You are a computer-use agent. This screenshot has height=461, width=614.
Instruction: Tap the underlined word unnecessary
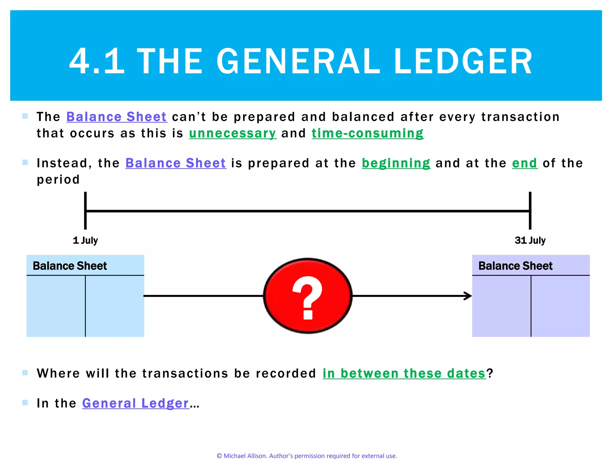click(x=232, y=133)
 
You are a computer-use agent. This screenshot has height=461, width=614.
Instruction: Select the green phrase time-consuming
click(x=368, y=133)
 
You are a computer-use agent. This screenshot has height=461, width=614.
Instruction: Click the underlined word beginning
click(x=396, y=163)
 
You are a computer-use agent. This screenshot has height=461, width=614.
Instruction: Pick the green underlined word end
click(x=524, y=163)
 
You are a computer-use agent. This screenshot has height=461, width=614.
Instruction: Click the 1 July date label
click(x=85, y=240)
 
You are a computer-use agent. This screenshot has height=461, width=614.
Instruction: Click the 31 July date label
click(x=530, y=240)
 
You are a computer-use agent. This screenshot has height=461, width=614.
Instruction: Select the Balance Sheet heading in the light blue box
click(x=70, y=266)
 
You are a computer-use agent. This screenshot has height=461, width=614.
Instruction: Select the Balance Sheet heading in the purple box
click(x=515, y=266)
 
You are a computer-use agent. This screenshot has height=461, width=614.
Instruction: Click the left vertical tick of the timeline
click(x=85, y=211)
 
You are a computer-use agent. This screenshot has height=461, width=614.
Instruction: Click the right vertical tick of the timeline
click(x=530, y=211)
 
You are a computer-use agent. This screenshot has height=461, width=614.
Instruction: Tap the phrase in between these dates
click(x=404, y=373)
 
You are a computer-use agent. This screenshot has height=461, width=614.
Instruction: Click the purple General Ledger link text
click(x=136, y=403)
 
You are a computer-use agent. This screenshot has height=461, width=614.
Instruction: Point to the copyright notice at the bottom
click(x=307, y=456)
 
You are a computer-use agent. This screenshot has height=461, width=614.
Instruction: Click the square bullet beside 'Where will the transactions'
click(x=25, y=373)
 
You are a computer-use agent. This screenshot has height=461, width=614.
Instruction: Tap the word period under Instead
click(x=58, y=179)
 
